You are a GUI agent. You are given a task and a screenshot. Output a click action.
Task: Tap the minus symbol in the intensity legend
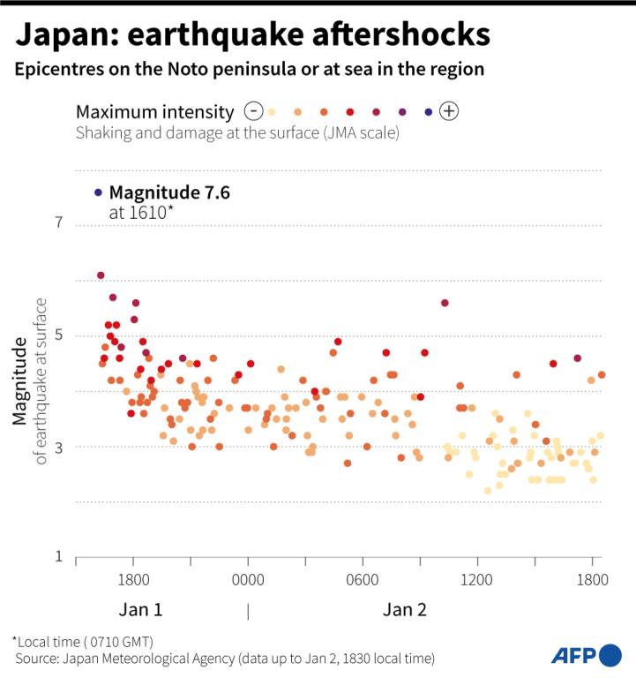point(254,111)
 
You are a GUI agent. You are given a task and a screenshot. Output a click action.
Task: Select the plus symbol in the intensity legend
point(449,111)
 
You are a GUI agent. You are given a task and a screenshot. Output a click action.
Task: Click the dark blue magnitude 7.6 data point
point(98,192)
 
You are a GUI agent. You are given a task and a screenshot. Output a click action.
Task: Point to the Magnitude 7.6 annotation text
point(169,192)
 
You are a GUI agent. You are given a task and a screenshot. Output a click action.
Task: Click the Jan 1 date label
point(140,610)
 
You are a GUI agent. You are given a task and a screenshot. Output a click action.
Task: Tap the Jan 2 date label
point(405,610)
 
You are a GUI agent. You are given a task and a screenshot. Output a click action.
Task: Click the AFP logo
point(586,655)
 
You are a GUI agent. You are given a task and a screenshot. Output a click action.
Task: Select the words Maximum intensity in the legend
point(155,112)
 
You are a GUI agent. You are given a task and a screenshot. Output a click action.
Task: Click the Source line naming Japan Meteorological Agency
point(224,659)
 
